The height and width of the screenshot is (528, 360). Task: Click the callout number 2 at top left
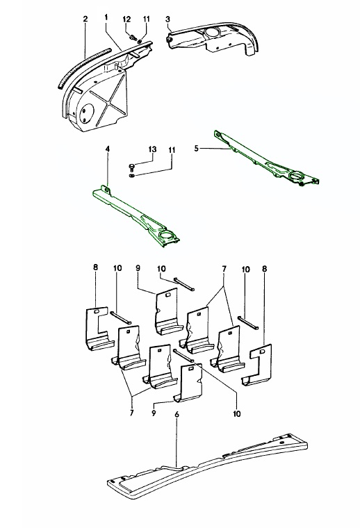pos(85,19)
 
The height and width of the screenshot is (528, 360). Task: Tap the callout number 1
pos(106,17)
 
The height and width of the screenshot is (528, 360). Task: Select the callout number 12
pos(126,19)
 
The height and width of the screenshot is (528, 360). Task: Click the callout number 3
pos(167,19)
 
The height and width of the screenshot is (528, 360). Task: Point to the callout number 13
pos(153,149)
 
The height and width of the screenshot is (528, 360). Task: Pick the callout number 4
pos(108,149)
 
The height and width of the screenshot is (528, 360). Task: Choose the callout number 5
pos(197,149)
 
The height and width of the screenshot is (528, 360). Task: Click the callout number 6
pos(177,414)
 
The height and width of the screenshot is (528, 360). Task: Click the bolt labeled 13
pos(131,167)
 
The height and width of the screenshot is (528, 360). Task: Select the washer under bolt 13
pos(132,175)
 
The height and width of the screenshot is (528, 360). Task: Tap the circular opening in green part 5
pos(297,176)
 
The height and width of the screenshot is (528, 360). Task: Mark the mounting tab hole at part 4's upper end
pos(107,190)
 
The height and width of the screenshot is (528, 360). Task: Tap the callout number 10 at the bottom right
pos(237,413)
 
